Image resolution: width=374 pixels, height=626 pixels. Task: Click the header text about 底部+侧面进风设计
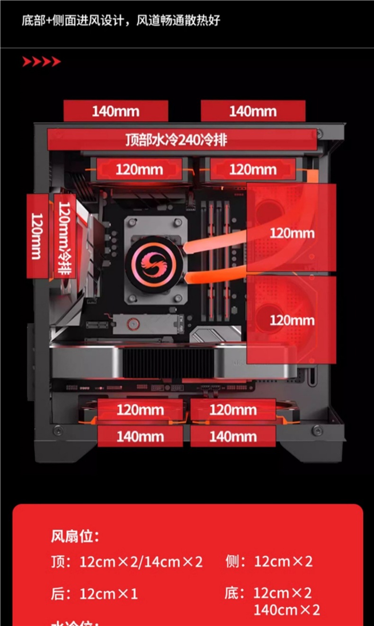click(121, 21)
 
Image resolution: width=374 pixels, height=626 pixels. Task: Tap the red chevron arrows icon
click(42, 62)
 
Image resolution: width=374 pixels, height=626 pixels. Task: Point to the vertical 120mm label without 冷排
click(37, 236)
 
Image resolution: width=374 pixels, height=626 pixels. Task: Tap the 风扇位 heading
click(75, 537)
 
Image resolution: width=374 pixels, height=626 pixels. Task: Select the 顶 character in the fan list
click(58, 562)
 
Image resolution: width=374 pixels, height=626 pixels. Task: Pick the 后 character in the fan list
click(58, 594)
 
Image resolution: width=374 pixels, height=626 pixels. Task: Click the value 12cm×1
click(108, 594)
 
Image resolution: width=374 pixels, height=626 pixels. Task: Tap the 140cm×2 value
click(286, 610)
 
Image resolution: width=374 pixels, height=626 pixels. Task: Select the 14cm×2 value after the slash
click(173, 562)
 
